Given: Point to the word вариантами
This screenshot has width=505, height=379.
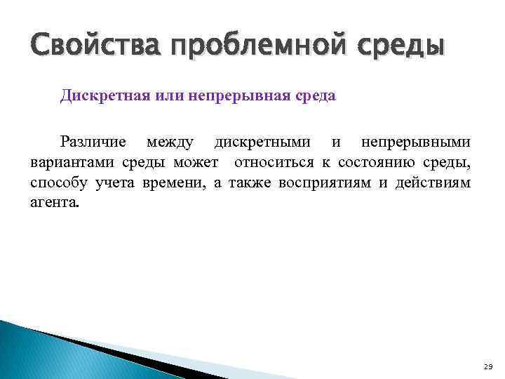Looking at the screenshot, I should coord(64,163).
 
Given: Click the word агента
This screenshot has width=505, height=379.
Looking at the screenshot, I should coord(55,204).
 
